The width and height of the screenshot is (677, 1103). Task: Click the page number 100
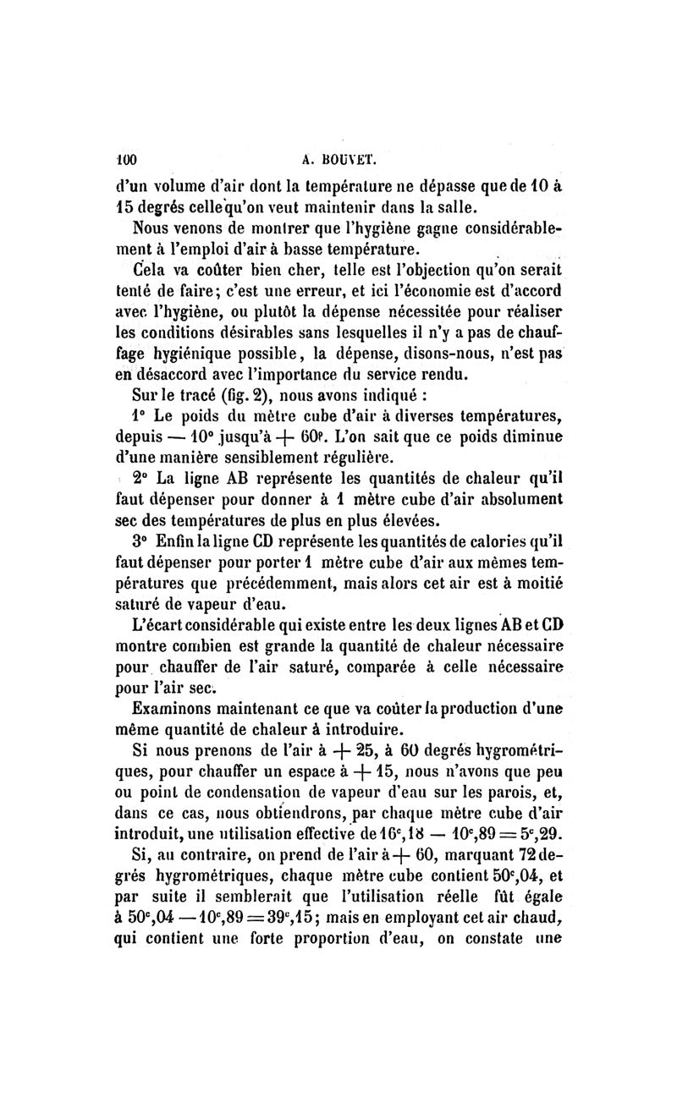[126, 157]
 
